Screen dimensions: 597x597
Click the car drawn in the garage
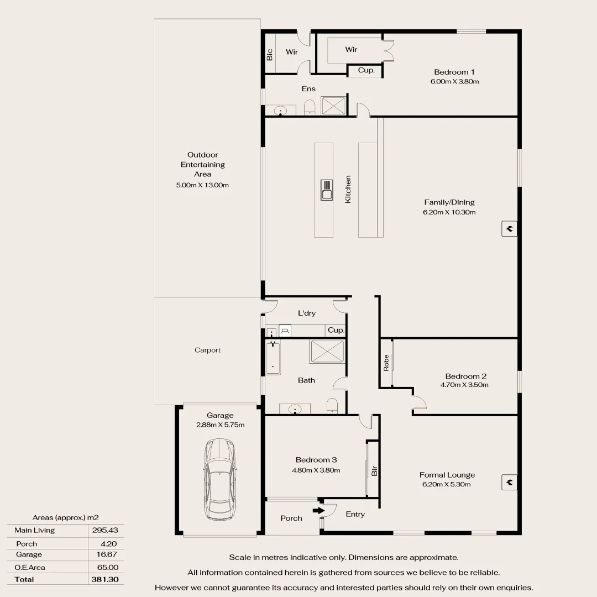pos(219,479)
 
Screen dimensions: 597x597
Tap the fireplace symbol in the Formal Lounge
pos(509,482)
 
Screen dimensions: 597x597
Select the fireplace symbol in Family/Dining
pos(509,228)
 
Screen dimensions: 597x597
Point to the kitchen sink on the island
pos(327,190)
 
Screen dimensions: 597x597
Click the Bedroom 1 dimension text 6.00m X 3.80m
pos(454,82)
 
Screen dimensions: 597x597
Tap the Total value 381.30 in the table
pos(104,579)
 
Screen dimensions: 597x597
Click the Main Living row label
pos(35,530)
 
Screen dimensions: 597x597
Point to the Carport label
pos(207,350)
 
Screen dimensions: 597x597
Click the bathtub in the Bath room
pos(273,358)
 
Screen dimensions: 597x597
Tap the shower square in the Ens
pos(333,105)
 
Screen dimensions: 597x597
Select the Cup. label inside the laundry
pos(336,330)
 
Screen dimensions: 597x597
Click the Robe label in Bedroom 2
pos(386,363)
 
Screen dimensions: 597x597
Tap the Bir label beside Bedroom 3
pos(374,472)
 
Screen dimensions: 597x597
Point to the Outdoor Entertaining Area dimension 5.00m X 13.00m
pos(202,185)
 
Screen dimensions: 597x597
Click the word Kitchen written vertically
pos(348,189)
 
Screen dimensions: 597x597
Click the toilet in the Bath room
pos(332,406)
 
